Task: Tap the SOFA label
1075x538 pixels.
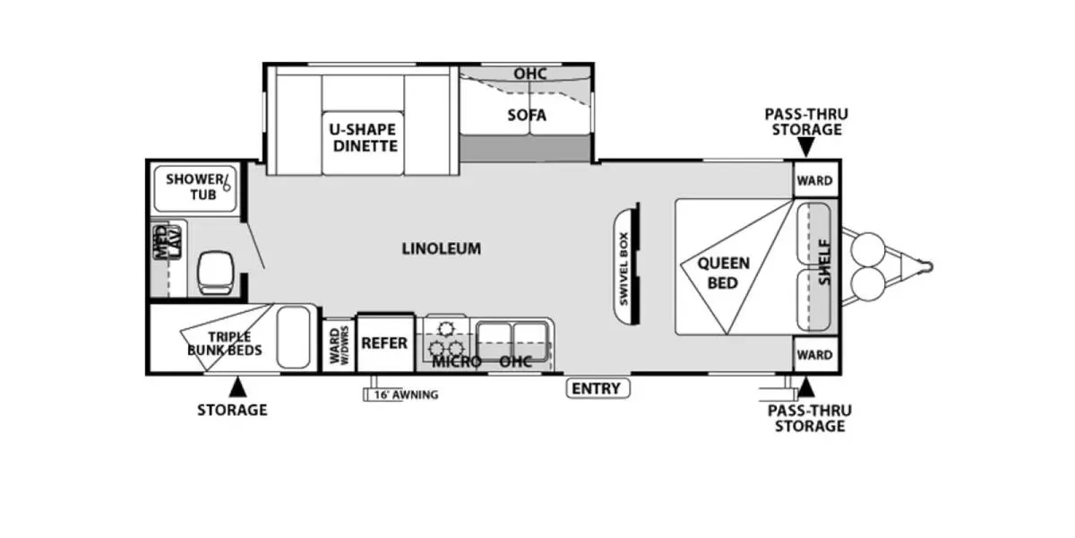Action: [x=527, y=116]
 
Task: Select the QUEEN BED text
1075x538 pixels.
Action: [x=724, y=273]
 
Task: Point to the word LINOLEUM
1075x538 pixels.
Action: [x=441, y=248]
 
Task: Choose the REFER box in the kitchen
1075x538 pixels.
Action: [x=384, y=343]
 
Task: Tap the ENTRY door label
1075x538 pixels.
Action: [x=598, y=388]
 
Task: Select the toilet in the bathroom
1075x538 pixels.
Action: [x=217, y=271]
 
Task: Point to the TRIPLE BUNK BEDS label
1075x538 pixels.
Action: [x=224, y=343]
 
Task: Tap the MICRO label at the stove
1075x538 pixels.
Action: [x=457, y=362]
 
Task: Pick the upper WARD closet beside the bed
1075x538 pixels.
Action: [x=815, y=180]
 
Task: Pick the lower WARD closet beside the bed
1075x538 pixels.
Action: [x=815, y=355]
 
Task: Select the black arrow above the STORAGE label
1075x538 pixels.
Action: [x=237, y=387]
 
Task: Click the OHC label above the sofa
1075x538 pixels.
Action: [x=529, y=74]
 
